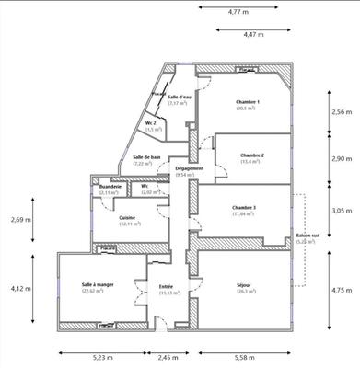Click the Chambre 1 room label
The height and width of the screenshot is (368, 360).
tap(248, 102)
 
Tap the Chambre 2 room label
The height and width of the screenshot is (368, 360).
tap(252, 155)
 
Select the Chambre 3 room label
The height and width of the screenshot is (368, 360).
tap(244, 209)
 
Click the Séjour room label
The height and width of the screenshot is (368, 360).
tap(245, 286)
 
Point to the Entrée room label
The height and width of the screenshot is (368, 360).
tap(167, 287)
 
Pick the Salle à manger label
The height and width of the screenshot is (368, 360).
tap(96, 286)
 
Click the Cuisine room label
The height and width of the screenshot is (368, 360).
tap(128, 217)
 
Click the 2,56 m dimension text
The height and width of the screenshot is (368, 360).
tap(343, 111)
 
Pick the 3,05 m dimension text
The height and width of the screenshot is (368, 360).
tap(343, 210)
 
